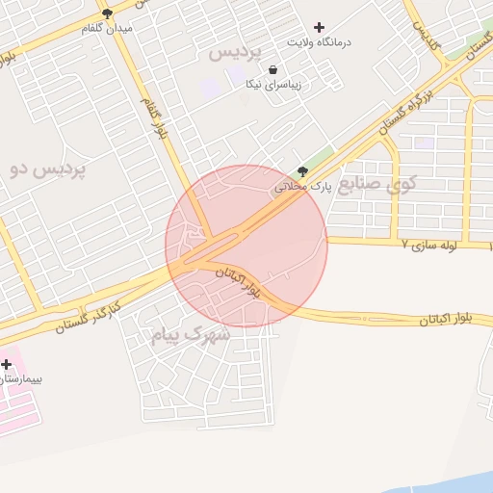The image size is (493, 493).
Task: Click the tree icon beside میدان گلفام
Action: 107,13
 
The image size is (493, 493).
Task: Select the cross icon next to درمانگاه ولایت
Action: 320,27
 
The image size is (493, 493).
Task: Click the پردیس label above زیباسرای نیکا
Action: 235,51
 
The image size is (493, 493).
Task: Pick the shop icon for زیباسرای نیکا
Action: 273,69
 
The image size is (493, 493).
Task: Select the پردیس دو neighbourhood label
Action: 48,169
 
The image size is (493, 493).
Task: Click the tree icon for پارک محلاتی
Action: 303,171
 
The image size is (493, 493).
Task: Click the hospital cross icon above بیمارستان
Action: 7,364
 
